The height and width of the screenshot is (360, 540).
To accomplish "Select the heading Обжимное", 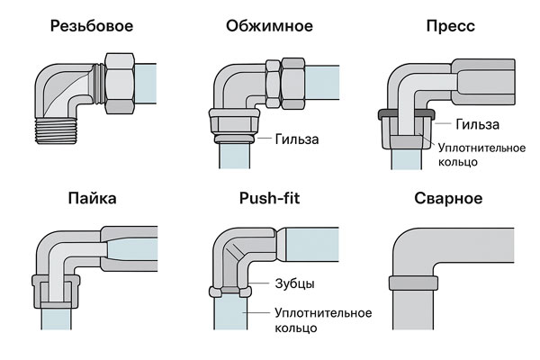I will click(269, 26).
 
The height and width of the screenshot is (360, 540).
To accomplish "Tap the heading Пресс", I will click(450, 26).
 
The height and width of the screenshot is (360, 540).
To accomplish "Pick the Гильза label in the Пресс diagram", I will click(477, 124).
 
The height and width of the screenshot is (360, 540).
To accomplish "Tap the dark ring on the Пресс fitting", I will click(402, 113).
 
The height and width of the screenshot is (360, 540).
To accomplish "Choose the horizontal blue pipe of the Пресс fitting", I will click(513, 76).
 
